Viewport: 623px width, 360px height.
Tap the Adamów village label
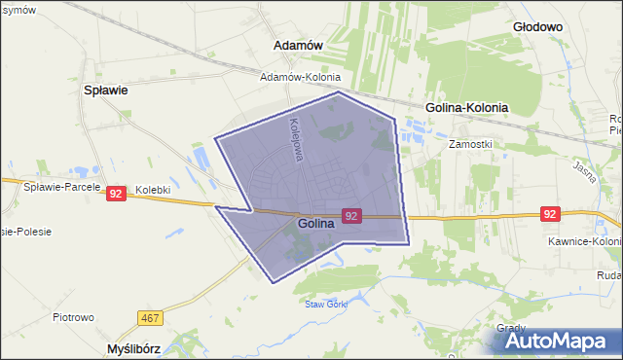(299, 46)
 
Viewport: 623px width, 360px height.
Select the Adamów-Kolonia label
(300, 77)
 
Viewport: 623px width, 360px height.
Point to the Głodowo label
(537, 27)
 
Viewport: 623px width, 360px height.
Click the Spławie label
(107, 90)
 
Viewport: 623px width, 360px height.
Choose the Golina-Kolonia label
(467, 108)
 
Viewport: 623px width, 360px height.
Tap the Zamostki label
(470, 143)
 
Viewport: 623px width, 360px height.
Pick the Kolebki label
(153, 190)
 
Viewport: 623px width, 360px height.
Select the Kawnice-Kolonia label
(586, 241)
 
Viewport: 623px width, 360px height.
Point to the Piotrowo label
(73, 317)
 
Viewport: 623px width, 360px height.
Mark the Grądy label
(512, 328)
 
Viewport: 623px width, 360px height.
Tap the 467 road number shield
(149, 318)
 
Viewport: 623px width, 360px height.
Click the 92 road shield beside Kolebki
(116, 194)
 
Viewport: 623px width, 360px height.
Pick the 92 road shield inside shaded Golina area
(352, 215)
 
